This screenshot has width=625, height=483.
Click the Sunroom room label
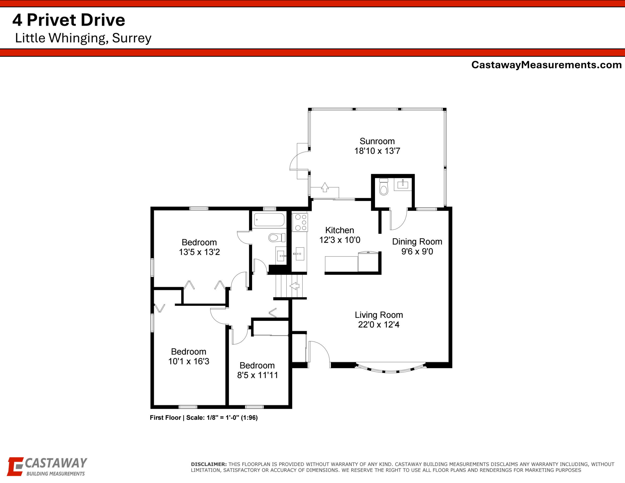pos(377,141)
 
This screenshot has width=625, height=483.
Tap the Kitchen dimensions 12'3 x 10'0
pos(340,240)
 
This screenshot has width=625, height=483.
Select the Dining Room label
pos(417,242)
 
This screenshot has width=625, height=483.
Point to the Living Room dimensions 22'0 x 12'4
pos(379,324)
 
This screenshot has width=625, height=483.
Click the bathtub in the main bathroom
pos(269,220)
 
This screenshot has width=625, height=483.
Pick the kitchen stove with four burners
pos(300,222)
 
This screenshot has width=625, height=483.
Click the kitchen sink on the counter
pos(300,254)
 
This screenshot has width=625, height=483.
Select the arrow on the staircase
pos(294,286)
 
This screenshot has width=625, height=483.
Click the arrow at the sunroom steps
pos(324,187)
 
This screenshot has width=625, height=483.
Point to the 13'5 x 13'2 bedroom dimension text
pos(199,252)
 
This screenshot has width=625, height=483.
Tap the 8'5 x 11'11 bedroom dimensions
pos(257,375)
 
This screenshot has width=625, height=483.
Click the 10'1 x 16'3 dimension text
pos(188,361)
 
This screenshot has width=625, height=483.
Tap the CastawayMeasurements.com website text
pos(546,65)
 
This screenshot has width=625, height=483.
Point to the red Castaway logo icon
pos(15,466)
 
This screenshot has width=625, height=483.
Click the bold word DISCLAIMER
pos(209,464)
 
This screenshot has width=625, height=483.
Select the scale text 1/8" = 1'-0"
pos(223,418)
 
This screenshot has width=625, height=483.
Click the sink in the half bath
pos(403,184)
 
